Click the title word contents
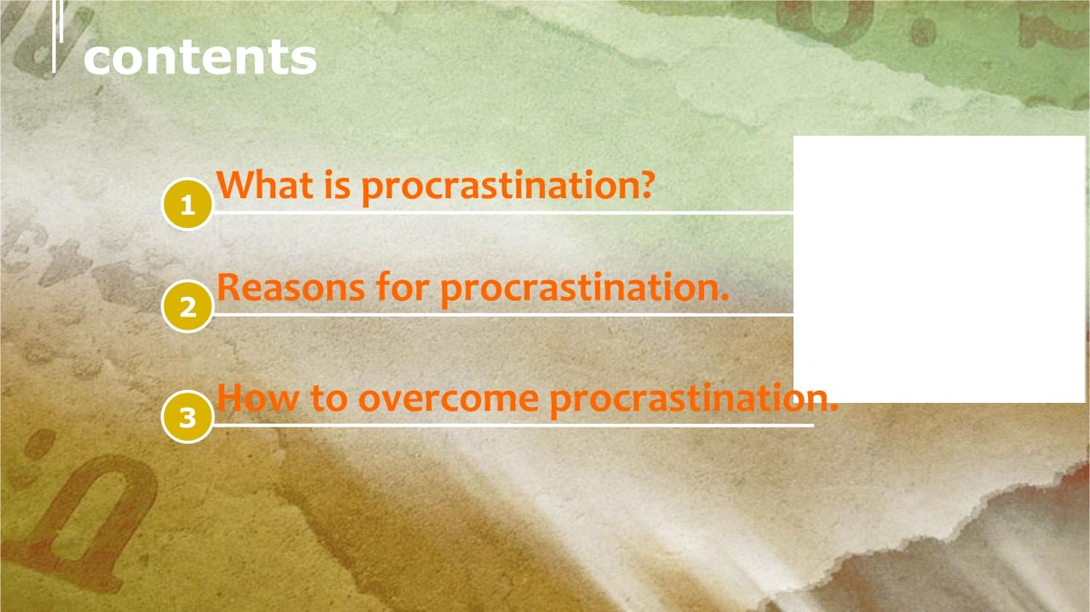tap(200, 58)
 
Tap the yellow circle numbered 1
tap(187, 205)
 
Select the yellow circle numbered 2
tap(187, 307)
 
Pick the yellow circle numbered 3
tap(187, 417)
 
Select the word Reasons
tap(291, 287)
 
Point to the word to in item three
tap(329, 398)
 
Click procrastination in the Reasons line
tap(578, 290)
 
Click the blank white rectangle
tap(939, 269)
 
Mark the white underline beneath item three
tap(513, 426)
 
